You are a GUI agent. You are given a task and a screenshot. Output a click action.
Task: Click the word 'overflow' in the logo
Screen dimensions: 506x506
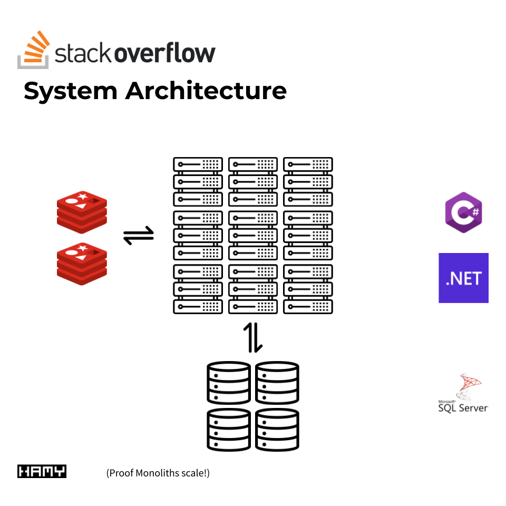click(164, 54)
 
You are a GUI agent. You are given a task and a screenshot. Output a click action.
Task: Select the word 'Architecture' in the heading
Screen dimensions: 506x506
click(206, 91)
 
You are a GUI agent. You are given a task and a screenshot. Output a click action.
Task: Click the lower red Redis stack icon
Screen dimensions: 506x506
click(82, 263)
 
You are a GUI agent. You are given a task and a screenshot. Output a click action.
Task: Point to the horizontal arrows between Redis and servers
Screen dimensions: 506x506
click(139, 236)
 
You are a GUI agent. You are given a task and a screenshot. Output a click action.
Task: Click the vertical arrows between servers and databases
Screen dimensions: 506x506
click(252, 337)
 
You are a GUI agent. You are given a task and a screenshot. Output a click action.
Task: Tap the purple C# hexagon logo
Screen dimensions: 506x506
click(463, 212)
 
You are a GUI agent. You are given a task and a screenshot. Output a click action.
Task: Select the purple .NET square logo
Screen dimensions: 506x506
click(463, 278)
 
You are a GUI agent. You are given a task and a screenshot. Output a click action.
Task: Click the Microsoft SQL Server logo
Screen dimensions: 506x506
click(463, 394)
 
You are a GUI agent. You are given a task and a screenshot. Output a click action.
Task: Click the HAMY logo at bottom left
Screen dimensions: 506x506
click(42, 471)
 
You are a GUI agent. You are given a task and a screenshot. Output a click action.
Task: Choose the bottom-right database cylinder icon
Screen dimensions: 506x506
click(277, 430)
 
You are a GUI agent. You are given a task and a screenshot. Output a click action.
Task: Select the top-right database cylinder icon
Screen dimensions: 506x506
click(277, 382)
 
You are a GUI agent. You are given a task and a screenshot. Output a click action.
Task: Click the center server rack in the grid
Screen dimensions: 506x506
click(253, 235)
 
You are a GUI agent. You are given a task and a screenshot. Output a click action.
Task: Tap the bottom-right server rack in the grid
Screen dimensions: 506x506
click(308, 289)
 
